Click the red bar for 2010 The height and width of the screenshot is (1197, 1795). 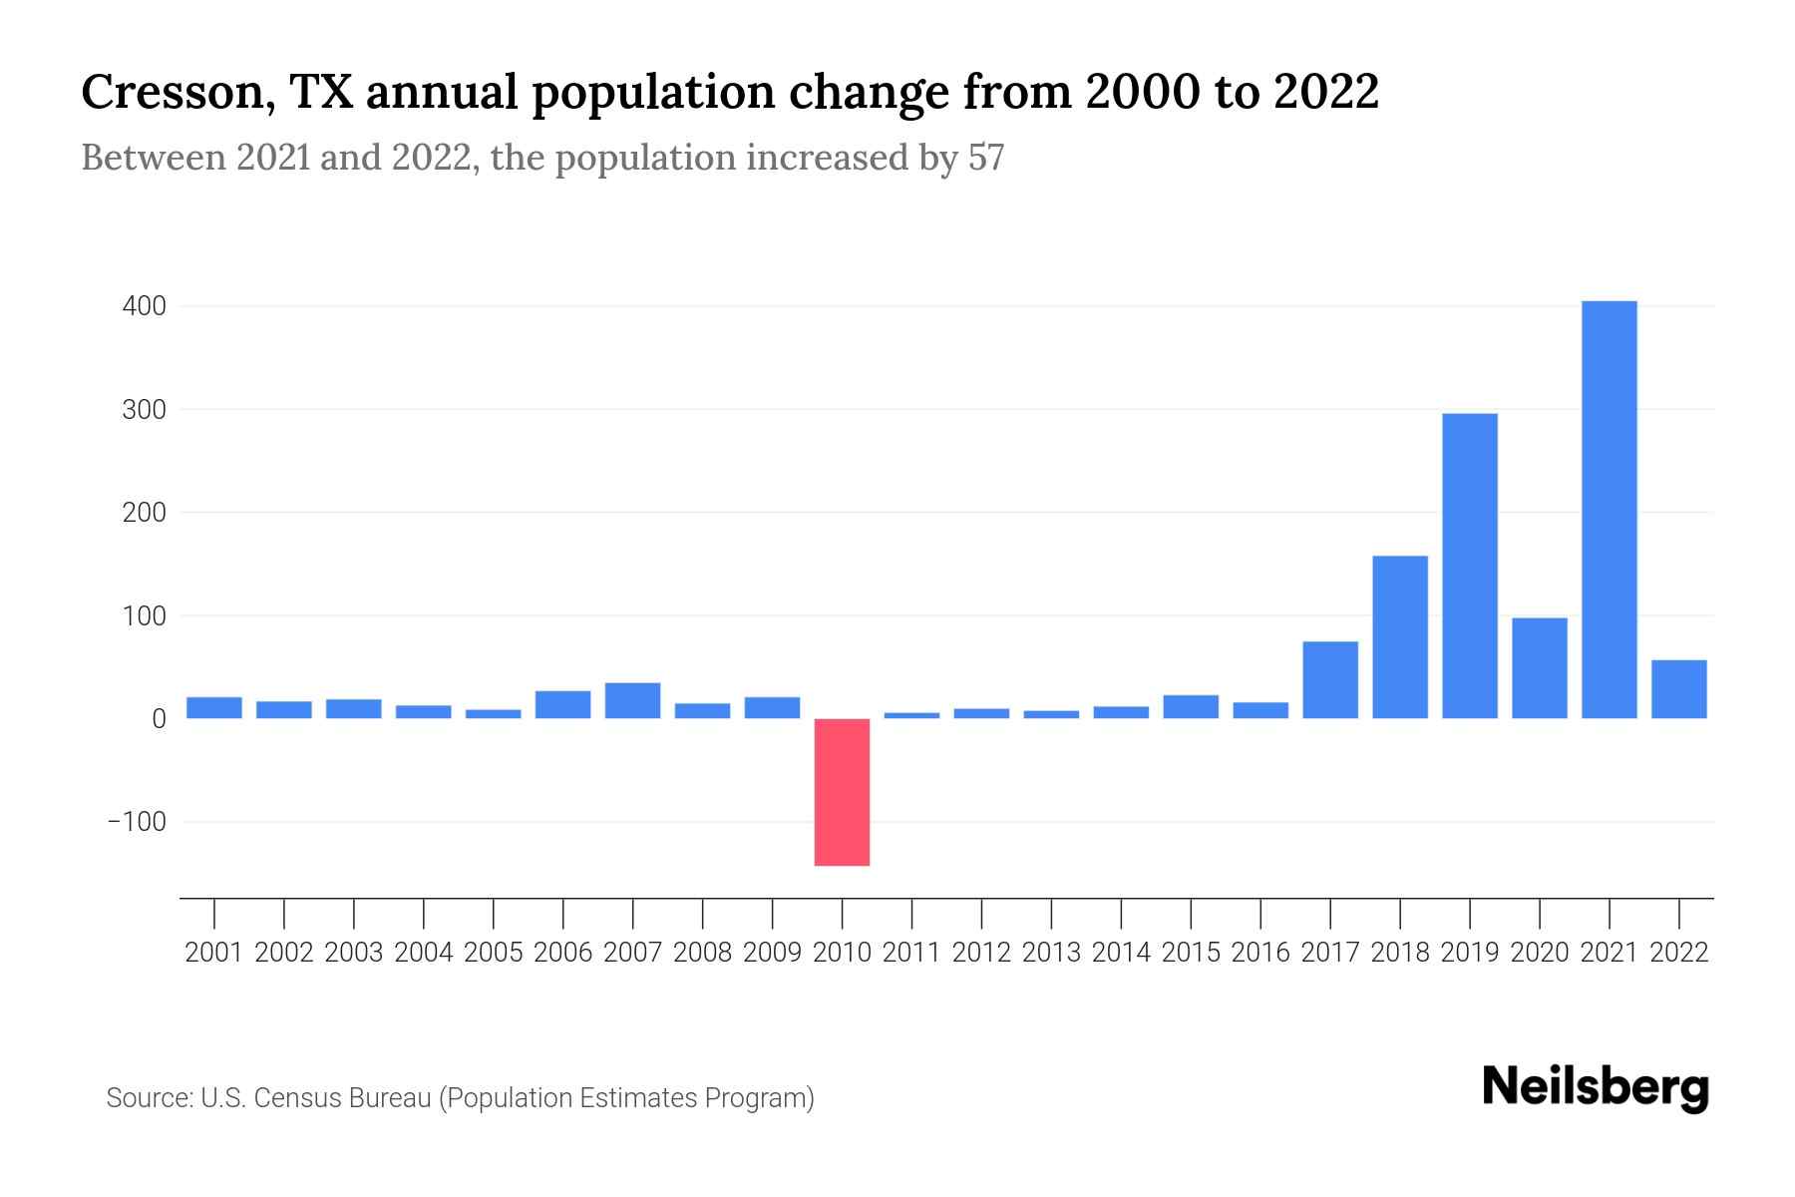coord(842,791)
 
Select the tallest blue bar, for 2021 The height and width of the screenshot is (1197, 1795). coord(1609,509)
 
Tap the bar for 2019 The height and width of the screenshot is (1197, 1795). coord(1469,566)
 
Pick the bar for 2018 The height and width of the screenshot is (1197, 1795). coord(1400,636)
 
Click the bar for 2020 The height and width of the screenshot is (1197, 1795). coord(1539,667)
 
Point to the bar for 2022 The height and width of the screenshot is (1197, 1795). coord(1678,688)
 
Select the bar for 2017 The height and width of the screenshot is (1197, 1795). coord(1330,679)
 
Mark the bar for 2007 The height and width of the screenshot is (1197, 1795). coord(632,700)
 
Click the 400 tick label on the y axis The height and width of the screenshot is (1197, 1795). coord(144,306)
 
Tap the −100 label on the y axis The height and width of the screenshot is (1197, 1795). coord(137,822)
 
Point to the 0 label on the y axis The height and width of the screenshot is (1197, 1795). coord(159,719)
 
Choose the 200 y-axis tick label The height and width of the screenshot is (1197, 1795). coord(144,513)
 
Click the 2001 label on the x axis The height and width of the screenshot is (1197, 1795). coord(213,953)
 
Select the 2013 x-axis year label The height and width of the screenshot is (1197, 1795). coord(1051,953)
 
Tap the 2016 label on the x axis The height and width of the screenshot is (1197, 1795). coord(1260,953)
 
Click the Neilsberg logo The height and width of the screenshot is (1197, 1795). coord(1596,1087)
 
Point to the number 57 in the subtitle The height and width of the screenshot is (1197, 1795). coord(985,158)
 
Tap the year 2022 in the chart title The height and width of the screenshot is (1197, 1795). coord(1325,93)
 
